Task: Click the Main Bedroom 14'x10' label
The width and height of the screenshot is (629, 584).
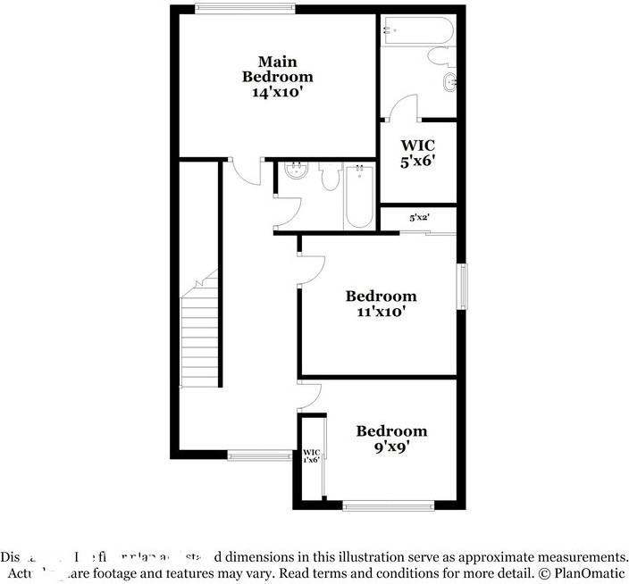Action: [x=277, y=76]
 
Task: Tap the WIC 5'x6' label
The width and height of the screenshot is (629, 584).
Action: [x=416, y=153]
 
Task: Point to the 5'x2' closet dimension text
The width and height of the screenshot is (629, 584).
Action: [x=418, y=217]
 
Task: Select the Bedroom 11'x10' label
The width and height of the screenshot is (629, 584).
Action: [x=381, y=304]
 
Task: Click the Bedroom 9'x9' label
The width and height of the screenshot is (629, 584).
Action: [x=391, y=438]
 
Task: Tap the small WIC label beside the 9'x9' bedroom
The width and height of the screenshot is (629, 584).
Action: [x=311, y=455]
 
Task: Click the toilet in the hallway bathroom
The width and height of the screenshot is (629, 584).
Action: [x=329, y=177]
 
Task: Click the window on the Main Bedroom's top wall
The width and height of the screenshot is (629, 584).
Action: [x=245, y=10]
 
